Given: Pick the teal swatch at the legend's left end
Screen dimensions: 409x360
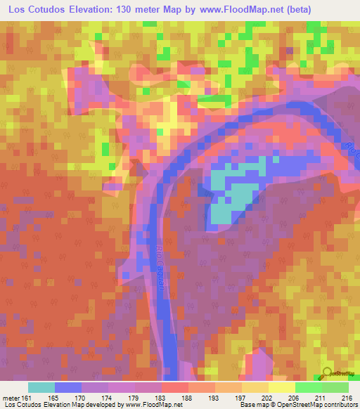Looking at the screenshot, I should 41,388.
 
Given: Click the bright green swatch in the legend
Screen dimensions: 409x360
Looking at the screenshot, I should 308,388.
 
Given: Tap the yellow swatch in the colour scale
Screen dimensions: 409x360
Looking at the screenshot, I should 281,388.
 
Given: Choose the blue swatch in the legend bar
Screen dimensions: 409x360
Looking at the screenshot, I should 68,388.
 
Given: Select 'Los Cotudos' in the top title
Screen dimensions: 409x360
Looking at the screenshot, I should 33,9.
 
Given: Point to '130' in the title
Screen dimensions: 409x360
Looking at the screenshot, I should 124,9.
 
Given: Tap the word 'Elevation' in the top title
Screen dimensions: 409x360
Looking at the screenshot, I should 87,9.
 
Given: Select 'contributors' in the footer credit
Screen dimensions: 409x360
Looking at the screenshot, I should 338,403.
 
